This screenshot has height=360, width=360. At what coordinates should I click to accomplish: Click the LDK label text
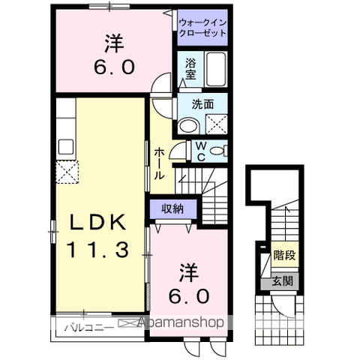pyautogui.click(x=100, y=223)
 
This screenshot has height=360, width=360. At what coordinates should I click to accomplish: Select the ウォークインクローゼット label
pyautogui.click(x=202, y=28)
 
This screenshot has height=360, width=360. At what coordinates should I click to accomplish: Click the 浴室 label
pyautogui.click(x=191, y=69)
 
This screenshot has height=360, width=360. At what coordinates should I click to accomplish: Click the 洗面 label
pyautogui.click(x=202, y=105)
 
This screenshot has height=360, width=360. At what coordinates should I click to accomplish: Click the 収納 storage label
pyautogui.click(x=173, y=208)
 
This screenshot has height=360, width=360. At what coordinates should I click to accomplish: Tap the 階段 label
pyautogui.click(x=284, y=256)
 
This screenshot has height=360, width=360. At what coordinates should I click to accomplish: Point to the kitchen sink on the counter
pyautogui.click(x=63, y=145)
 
